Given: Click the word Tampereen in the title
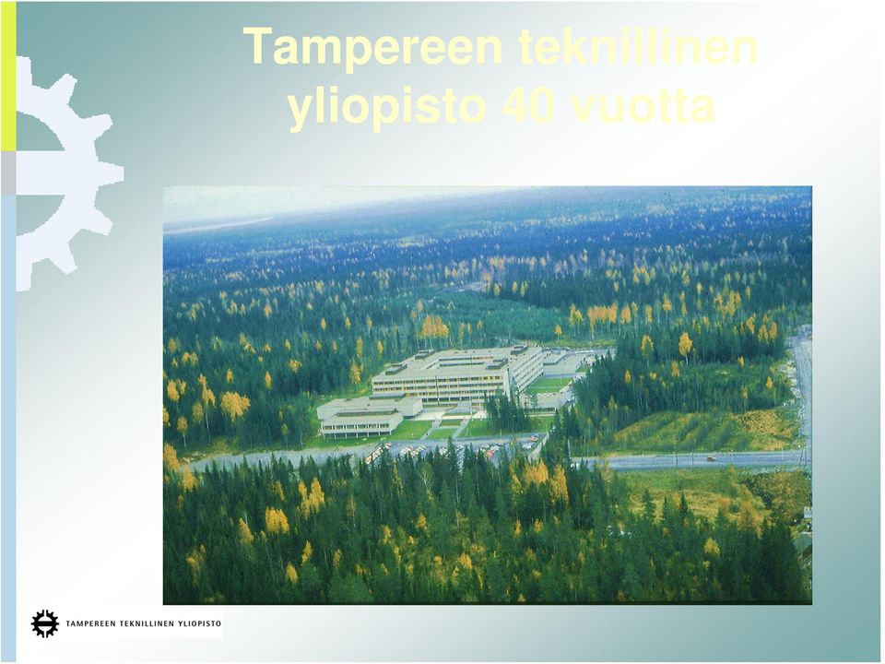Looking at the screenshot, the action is (372, 48).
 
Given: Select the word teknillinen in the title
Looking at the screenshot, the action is (638, 46).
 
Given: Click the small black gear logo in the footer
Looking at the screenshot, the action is (45, 624).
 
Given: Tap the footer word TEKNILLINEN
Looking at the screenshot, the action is (146, 624).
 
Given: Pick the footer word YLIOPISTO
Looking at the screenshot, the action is (199, 624).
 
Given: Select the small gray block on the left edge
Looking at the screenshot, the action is (8, 173).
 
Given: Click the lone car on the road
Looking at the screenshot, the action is (711, 458).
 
